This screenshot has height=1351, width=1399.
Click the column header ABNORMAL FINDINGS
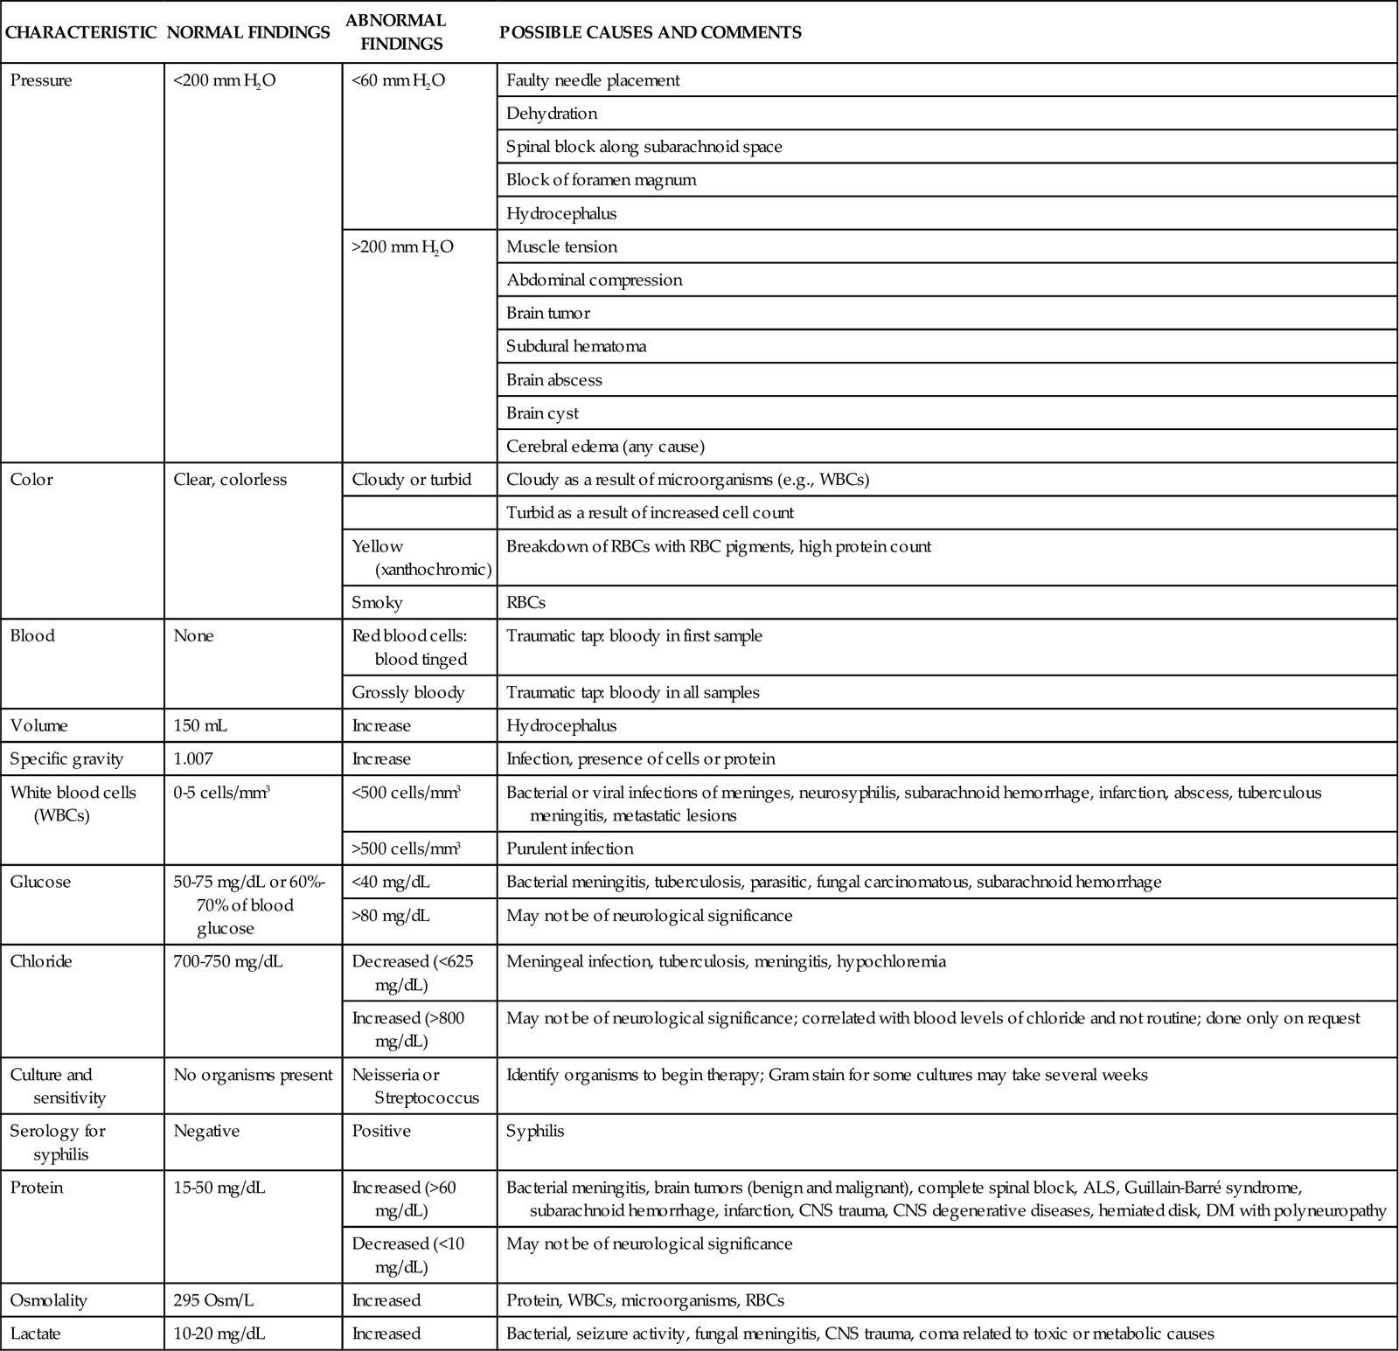pos(395,31)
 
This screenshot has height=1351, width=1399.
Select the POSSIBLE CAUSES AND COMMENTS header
pos(650,32)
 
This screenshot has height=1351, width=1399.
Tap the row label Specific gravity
pos(66,759)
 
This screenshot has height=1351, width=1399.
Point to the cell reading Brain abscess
pos(553,380)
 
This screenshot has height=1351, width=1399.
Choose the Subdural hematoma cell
pos(576,346)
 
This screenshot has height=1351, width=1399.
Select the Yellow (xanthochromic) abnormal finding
pos(421,558)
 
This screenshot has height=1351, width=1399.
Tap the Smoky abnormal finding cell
pos(377,602)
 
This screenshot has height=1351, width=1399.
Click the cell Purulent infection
pos(569,849)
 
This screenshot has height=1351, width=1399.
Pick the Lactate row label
pos(36,1334)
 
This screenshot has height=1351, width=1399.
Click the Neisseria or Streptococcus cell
pos(414,1086)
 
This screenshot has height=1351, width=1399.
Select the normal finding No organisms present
pos(253,1075)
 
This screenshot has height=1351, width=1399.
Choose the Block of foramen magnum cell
pos(601,180)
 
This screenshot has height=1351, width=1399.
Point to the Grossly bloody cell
pos(407,692)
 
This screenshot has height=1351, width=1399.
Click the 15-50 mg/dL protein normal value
pos(219,1188)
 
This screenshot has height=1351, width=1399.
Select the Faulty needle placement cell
pos(592,80)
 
